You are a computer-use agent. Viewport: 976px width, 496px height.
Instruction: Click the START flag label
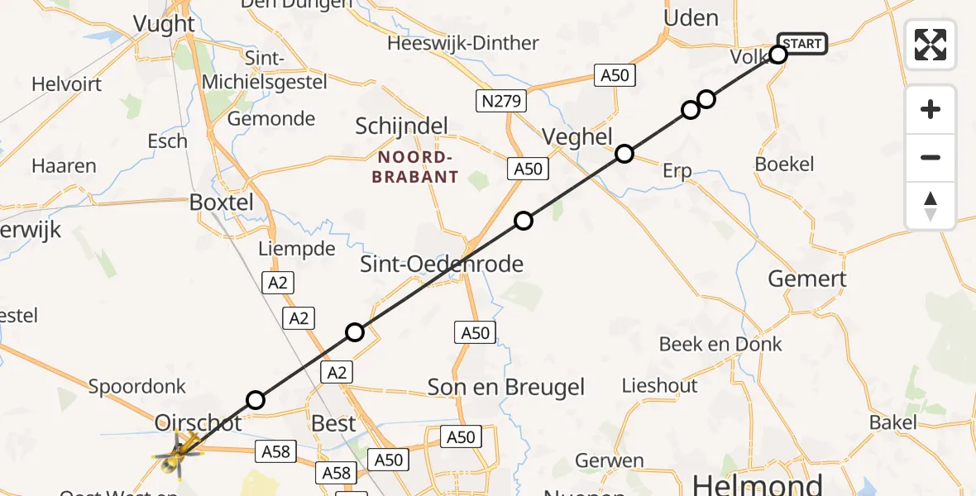(801, 44)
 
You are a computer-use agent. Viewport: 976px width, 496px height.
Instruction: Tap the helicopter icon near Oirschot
(177, 453)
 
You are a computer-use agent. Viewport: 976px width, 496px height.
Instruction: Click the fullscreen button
(931, 45)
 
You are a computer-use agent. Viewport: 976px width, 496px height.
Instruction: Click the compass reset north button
(931, 206)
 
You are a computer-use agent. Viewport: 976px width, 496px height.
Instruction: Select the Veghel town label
(577, 136)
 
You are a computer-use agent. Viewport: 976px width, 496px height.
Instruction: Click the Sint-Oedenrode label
(442, 265)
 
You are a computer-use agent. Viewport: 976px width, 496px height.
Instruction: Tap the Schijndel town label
(401, 126)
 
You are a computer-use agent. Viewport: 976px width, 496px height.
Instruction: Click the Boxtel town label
(220, 202)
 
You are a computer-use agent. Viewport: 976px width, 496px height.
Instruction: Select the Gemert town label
(806, 279)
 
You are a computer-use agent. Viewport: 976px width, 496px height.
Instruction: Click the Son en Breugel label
(505, 386)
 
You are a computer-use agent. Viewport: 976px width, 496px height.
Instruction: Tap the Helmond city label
(757, 484)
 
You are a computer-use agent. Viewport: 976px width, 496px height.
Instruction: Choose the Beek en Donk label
(720, 344)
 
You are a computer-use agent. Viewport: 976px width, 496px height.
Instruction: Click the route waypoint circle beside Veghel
(624, 154)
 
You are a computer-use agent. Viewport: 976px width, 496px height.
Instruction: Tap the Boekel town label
(784, 164)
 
